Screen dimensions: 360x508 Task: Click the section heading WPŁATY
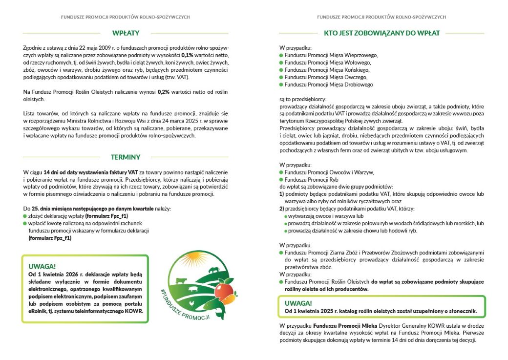126,33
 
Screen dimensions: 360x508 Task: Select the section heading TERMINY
126,157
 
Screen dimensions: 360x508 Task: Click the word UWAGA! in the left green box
42,267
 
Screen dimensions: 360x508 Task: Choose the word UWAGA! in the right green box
298,303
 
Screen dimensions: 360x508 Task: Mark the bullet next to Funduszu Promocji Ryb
281,180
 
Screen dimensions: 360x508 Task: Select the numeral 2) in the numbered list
282,209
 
